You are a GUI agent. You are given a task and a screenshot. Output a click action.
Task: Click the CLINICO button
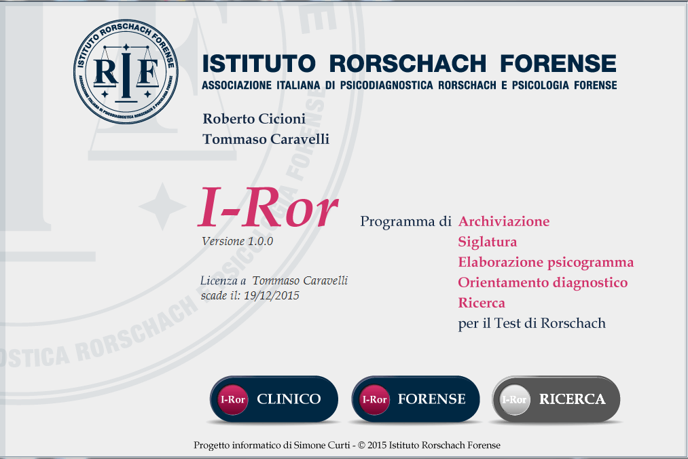tap(274, 399)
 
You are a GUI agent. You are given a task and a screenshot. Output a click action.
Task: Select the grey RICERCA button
tap(556, 399)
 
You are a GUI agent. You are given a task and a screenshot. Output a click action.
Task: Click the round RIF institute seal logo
tap(126, 71)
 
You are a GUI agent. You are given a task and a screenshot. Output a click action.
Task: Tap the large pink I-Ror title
tap(268, 206)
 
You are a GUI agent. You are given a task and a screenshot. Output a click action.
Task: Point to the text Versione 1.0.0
tap(238, 241)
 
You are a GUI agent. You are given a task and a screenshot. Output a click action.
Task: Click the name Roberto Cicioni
tap(254, 118)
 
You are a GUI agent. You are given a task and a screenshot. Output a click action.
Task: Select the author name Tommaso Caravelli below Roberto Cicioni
tap(266, 139)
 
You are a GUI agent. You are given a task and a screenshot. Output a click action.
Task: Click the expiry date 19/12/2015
tap(272, 295)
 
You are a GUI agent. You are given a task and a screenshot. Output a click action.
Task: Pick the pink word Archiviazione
tap(504, 221)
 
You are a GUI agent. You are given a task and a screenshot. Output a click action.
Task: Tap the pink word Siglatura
tap(488, 242)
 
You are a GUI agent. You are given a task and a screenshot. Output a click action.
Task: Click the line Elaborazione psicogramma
tap(546, 262)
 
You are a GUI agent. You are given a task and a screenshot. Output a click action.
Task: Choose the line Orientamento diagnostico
tap(543, 282)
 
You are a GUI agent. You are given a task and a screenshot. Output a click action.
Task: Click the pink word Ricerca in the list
tap(482, 303)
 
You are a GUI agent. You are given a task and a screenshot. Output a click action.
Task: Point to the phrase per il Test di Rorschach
tap(532, 323)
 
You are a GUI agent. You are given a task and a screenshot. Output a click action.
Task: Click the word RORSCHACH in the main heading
tap(408, 64)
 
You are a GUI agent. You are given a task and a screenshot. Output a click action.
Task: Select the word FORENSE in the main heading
tap(558, 64)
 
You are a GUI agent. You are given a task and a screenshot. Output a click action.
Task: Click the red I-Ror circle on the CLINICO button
tap(232, 399)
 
